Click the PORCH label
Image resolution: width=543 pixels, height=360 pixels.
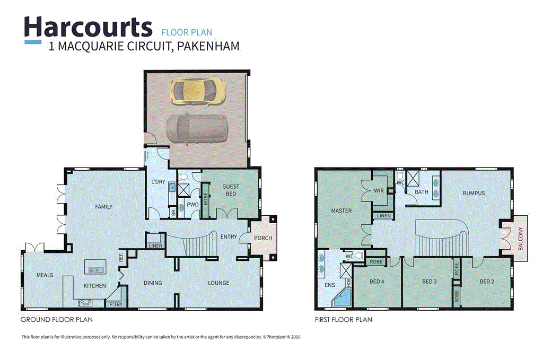[x=263, y=238]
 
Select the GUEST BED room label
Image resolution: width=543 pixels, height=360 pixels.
[x=230, y=190]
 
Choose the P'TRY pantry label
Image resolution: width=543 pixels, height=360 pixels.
[x=115, y=304]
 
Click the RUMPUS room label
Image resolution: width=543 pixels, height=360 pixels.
[x=474, y=193]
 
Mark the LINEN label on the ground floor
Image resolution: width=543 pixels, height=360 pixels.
[x=155, y=245]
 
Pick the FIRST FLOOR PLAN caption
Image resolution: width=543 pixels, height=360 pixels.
[x=343, y=320]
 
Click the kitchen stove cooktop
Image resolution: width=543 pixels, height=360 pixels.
[x=85, y=303]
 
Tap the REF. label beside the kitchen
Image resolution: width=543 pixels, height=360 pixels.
[x=121, y=258]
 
